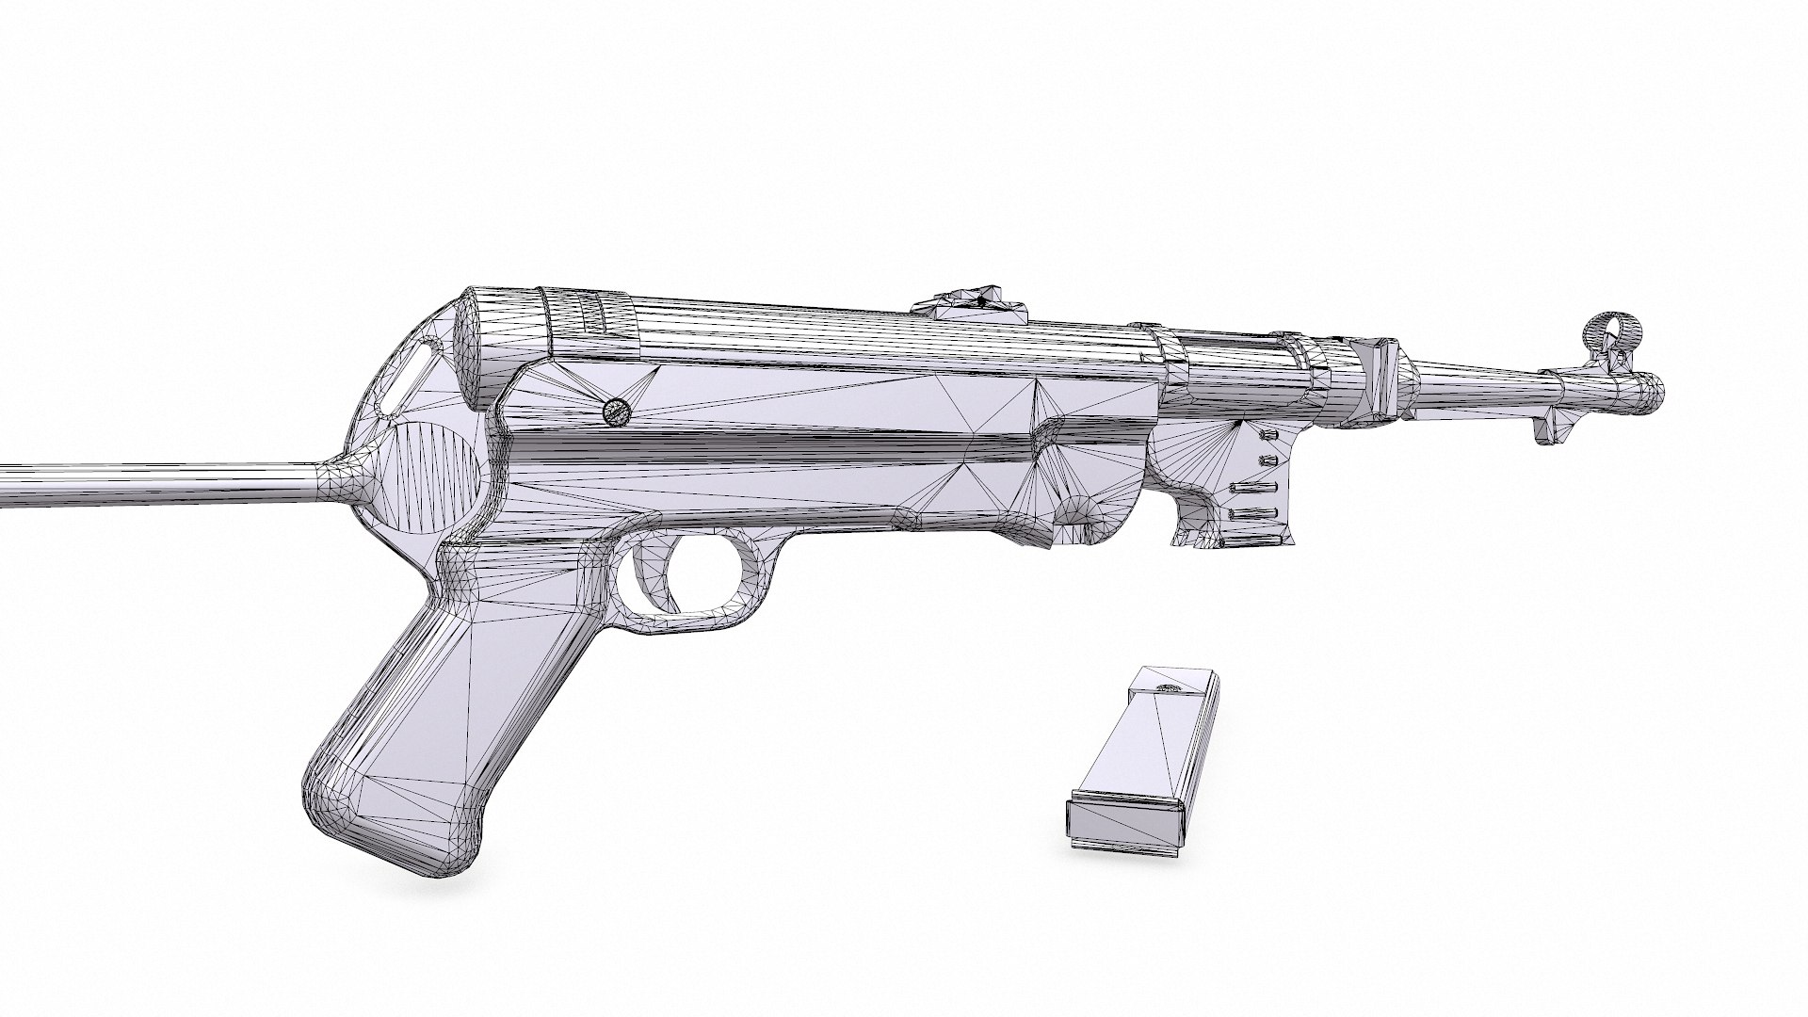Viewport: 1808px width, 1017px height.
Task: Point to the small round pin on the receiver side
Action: click(x=616, y=411)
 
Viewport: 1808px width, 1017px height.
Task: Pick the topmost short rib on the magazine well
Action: click(x=1268, y=436)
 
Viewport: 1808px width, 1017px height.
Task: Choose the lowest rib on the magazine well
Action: click(x=1252, y=513)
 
